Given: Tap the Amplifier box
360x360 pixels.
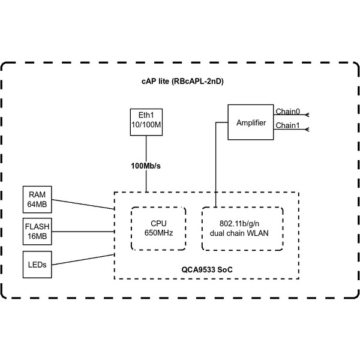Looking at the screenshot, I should click(251, 122).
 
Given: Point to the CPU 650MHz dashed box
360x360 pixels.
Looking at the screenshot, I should click(158, 229).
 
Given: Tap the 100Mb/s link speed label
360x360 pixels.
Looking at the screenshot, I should click(147, 165).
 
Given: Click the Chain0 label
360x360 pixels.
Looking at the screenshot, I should click(287, 112).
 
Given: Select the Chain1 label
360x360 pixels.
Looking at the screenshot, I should click(287, 125).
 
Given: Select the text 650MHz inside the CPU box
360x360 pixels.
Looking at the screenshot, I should click(158, 233).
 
